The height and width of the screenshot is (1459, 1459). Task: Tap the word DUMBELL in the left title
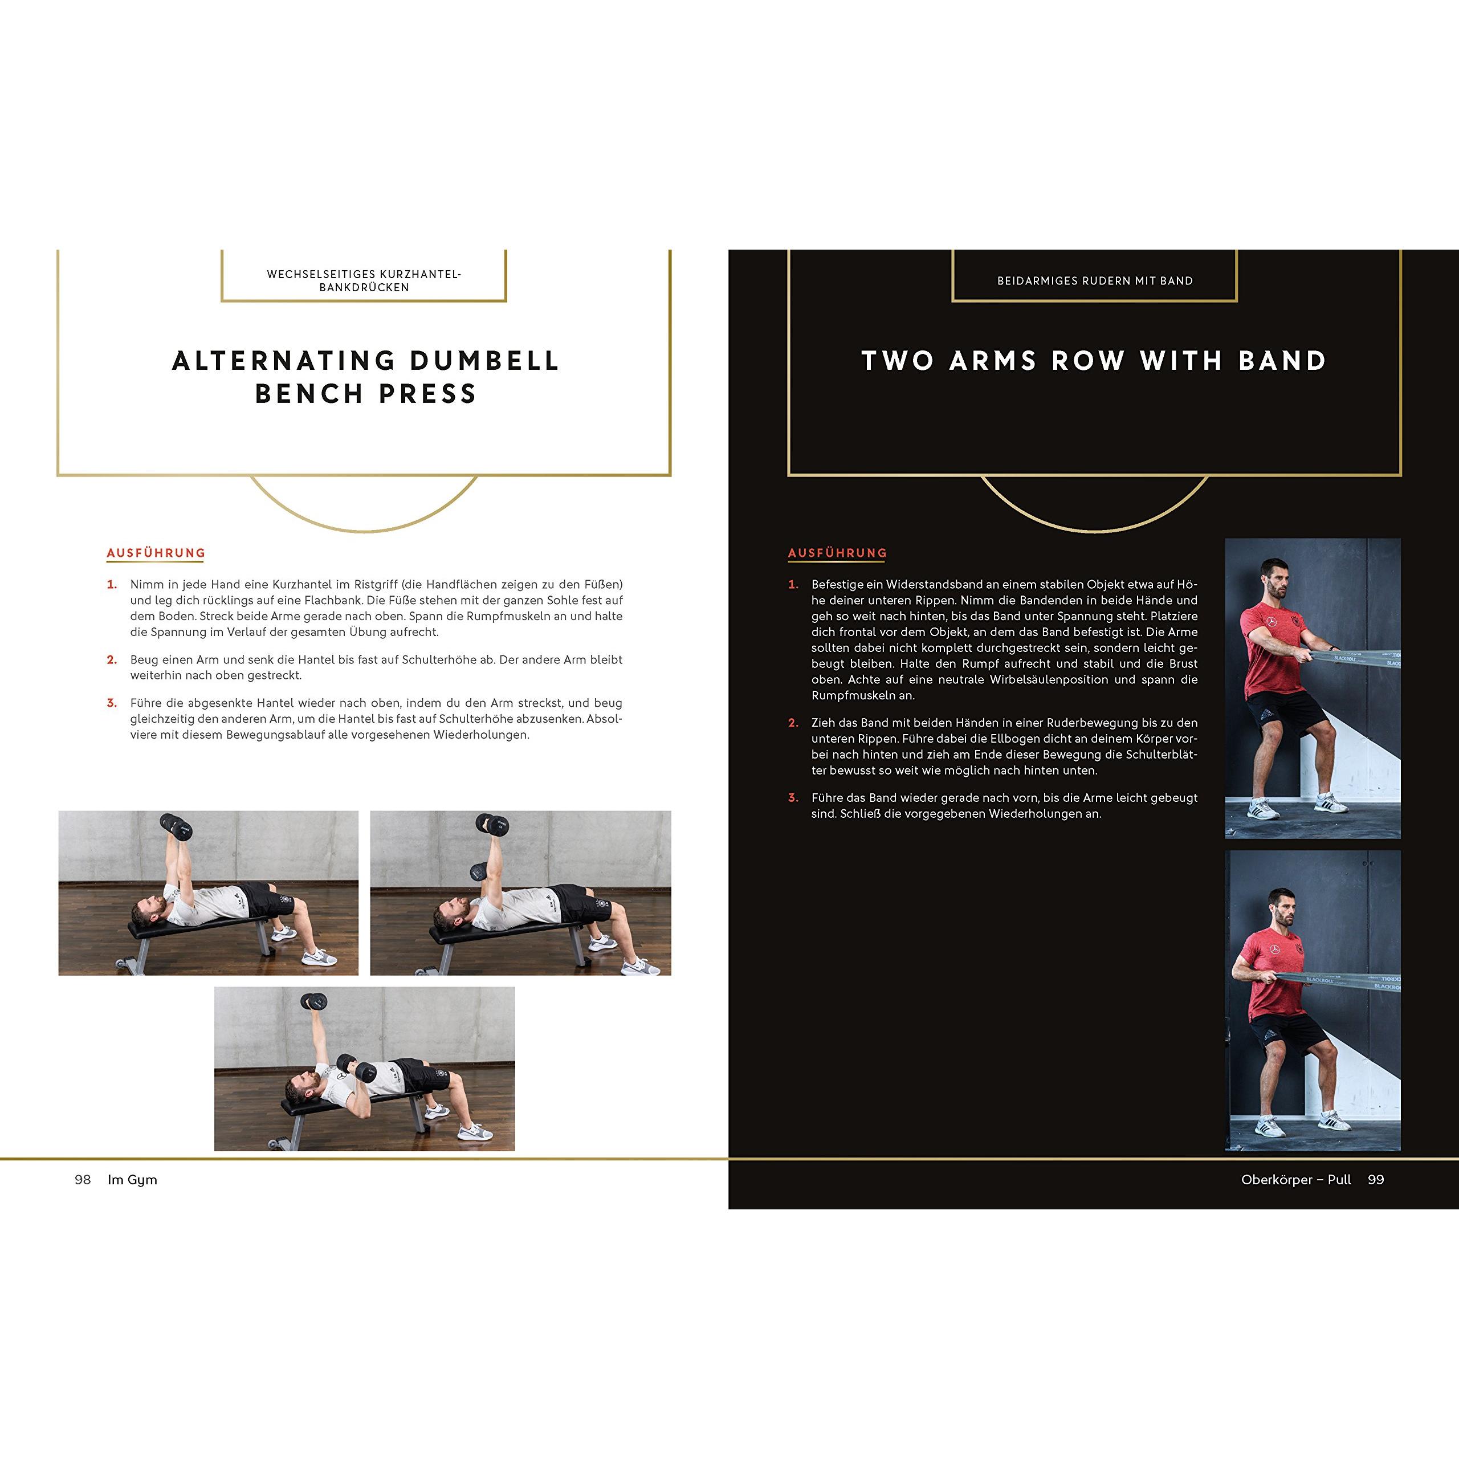click(x=484, y=361)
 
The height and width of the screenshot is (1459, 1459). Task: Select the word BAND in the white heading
click(x=1282, y=361)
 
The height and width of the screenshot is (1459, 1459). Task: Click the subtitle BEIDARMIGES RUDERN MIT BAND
click(x=1095, y=281)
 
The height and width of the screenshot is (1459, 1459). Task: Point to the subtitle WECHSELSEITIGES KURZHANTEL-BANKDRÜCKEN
click(x=364, y=281)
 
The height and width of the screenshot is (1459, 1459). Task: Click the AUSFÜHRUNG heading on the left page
click(x=156, y=553)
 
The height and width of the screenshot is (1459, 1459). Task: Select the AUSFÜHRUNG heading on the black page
click(x=837, y=553)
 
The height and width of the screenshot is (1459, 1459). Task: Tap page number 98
click(x=82, y=1180)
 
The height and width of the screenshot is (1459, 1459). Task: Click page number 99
click(x=1376, y=1180)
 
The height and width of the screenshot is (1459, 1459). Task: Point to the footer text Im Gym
click(x=132, y=1180)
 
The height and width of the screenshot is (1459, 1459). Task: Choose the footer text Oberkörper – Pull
click(x=1296, y=1180)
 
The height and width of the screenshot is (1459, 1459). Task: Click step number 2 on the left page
click(x=112, y=660)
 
